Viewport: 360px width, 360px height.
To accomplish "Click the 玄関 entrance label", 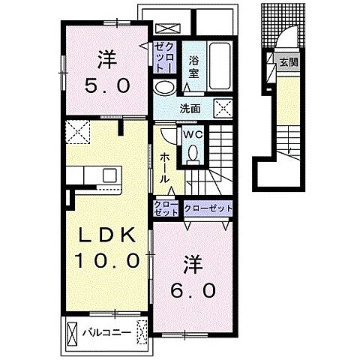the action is point(289,62).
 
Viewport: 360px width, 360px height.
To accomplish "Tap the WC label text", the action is point(193,135).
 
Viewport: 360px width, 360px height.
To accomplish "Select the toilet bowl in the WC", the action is point(193,153).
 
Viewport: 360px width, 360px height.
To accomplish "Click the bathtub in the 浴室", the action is point(220,66).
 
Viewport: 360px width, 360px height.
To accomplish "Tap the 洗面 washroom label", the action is point(190,109).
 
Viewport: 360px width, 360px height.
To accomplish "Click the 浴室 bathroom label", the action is point(193,67).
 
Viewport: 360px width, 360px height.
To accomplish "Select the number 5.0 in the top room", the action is point(107,85).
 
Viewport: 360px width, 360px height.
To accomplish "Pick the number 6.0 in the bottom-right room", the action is point(193,290).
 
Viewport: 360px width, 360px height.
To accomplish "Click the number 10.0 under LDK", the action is point(107,260).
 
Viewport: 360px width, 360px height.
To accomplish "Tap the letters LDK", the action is point(107,235).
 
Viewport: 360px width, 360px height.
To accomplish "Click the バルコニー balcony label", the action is point(107,333).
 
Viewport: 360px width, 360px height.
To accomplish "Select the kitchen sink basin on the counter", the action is point(109,175).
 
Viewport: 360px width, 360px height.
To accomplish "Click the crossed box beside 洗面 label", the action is point(223,109).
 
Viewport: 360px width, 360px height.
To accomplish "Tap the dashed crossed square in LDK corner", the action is point(77,132).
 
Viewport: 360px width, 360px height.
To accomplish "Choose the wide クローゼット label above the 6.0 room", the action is point(208,208).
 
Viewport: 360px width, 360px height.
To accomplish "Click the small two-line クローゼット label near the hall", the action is point(166,208).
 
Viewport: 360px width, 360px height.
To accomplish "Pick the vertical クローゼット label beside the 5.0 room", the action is point(164,57).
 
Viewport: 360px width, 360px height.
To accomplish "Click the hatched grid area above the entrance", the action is point(283,25).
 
